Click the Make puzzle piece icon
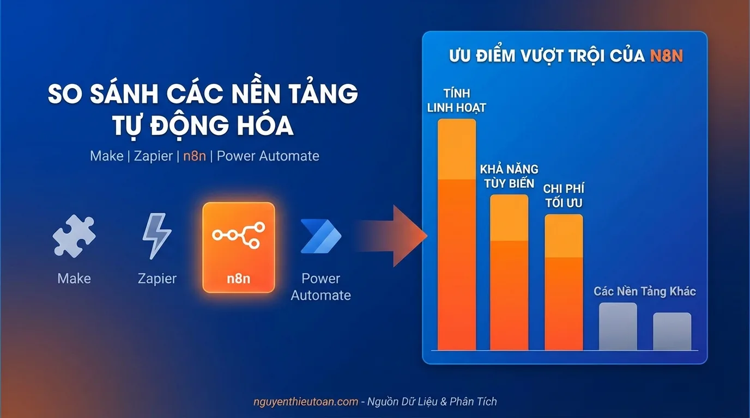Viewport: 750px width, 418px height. [74, 236]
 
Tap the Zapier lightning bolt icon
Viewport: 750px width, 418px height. [156, 236]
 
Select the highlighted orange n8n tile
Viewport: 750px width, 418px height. [238, 247]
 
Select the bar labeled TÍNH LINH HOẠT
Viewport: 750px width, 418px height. [457, 234]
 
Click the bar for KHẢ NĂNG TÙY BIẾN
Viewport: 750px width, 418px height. [509, 272]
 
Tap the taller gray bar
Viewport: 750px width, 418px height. [618, 326]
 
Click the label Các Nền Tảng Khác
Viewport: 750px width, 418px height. [645, 291]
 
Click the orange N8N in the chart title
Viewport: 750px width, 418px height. [666, 56]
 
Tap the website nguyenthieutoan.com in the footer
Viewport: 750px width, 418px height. [306, 402]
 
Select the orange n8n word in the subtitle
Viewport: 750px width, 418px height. [195, 156]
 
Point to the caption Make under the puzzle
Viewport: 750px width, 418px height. [74, 279]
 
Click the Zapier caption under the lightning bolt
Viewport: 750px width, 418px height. [157, 279]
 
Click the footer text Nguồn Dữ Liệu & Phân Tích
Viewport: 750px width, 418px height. [432, 402]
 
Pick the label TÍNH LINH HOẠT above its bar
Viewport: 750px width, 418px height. [456, 100]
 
